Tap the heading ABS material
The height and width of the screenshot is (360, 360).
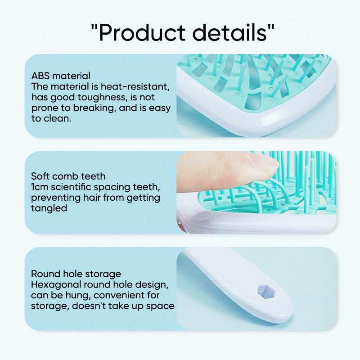pos(61,76)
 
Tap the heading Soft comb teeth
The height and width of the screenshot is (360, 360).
pos(68,176)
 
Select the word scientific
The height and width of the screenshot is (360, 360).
pos(74,187)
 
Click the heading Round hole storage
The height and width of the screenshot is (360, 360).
pos(76,274)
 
